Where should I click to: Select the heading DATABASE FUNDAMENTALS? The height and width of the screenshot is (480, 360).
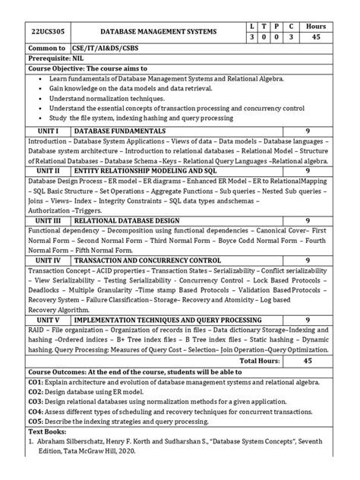click(x=119, y=131)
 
